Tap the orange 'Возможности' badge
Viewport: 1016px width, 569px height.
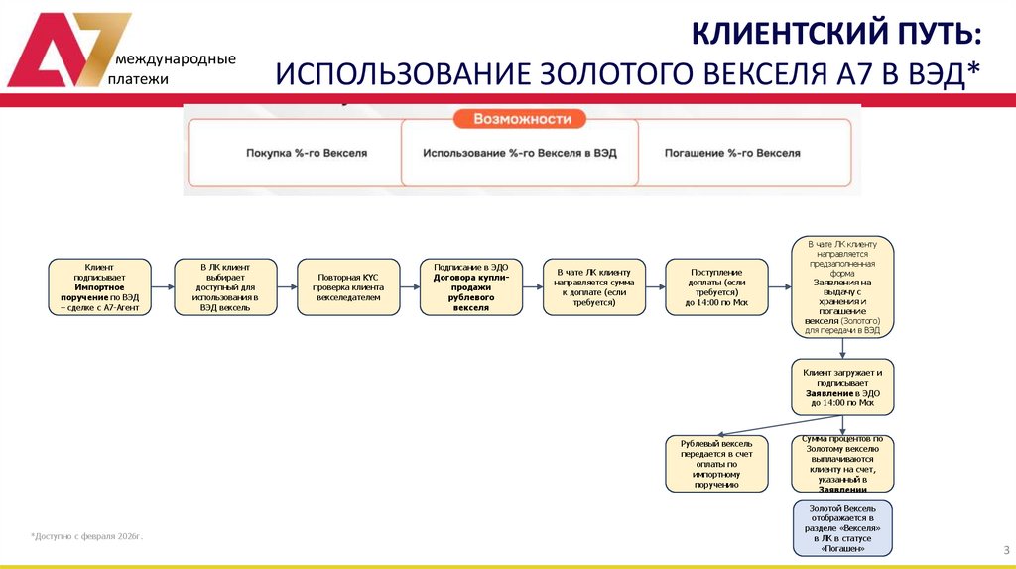point(522,119)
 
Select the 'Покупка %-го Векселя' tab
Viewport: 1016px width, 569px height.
point(307,154)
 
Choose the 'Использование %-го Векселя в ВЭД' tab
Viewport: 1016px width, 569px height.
point(521,154)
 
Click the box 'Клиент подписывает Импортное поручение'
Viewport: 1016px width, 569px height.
point(99,287)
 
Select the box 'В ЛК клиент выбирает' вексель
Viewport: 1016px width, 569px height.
point(222,287)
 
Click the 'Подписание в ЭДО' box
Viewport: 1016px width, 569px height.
point(470,287)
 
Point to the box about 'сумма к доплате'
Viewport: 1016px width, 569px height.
point(594,287)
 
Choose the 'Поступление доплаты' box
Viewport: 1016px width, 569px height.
point(716,287)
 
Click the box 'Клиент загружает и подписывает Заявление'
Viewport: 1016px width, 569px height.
point(842,386)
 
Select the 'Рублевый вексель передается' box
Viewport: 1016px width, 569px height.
point(716,463)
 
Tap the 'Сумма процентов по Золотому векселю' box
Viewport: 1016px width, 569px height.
point(842,463)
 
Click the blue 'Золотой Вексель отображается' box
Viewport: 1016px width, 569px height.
point(842,527)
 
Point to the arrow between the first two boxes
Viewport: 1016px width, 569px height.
point(162,287)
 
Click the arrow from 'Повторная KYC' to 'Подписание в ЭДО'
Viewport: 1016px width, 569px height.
point(408,287)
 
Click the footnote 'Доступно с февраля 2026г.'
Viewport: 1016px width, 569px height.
point(87,536)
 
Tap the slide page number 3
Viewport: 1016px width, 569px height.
point(1005,550)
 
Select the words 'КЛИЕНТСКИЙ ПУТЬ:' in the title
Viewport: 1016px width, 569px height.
point(837,36)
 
